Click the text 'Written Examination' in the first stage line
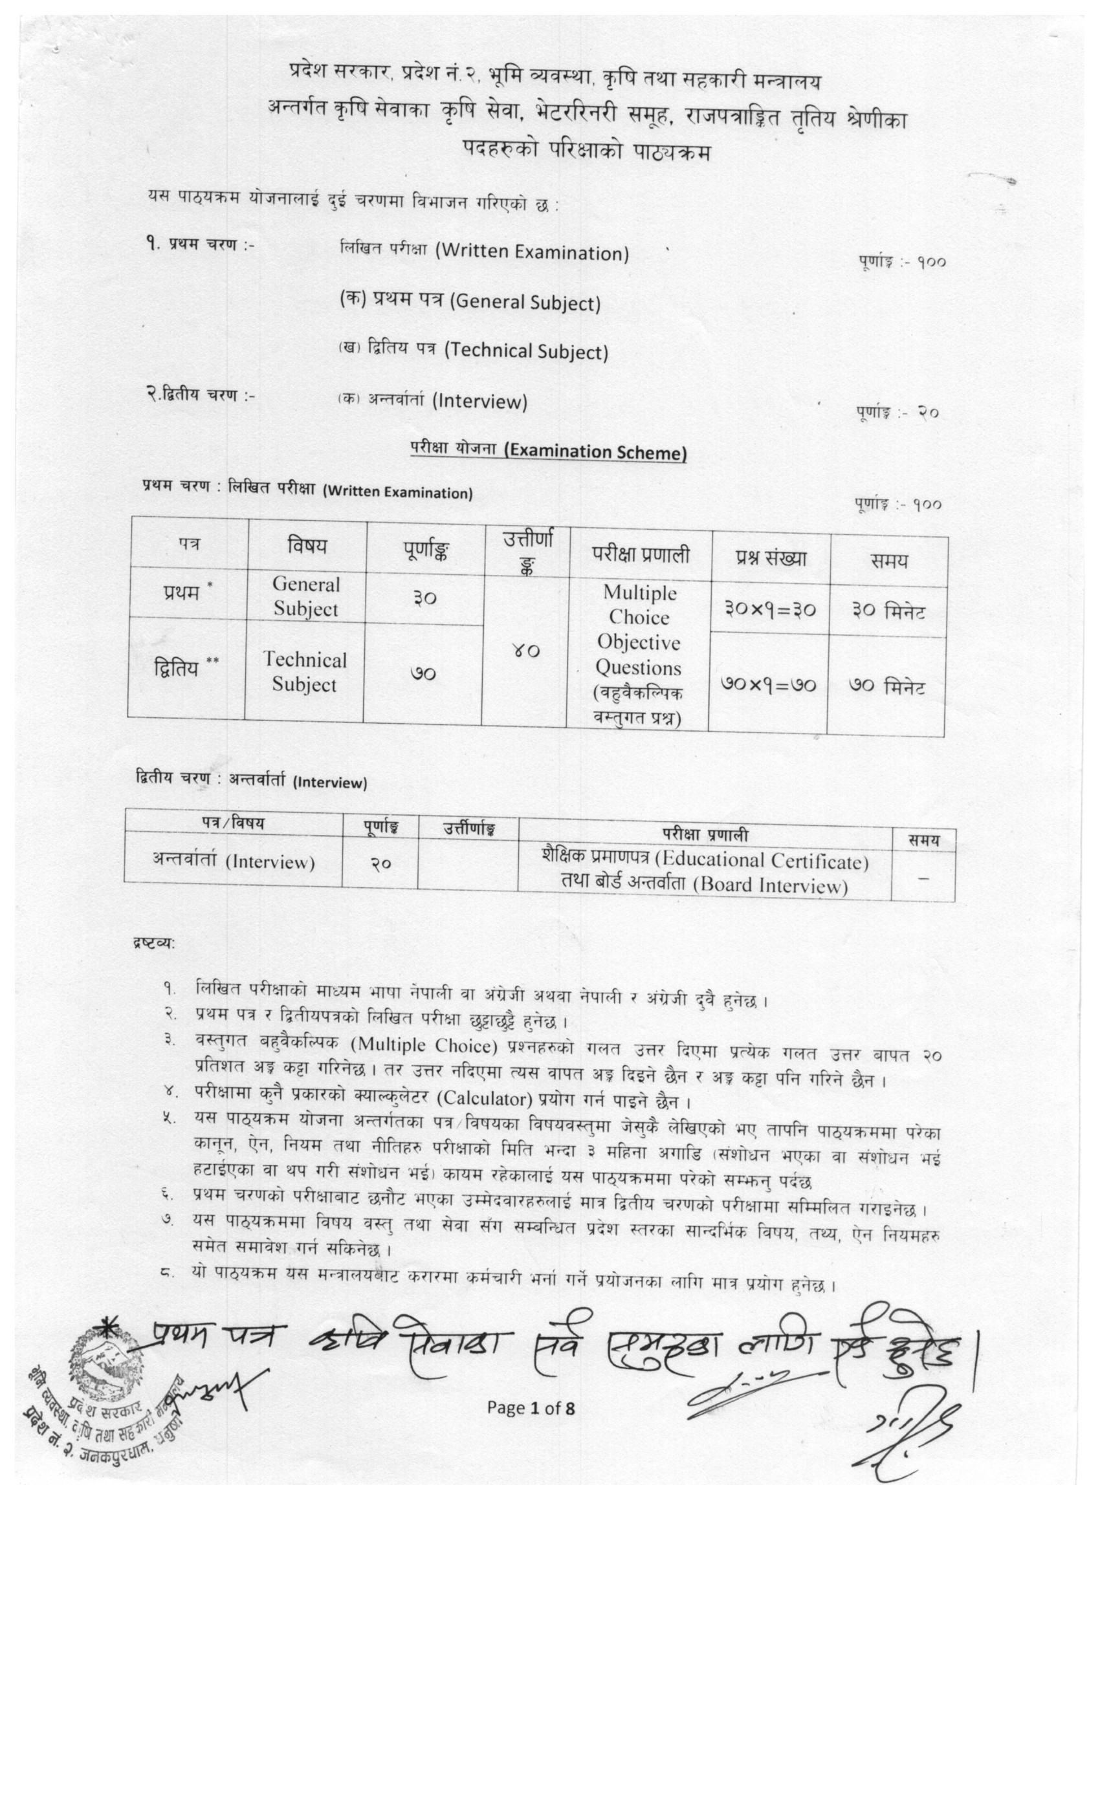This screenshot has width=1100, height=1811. click(x=533, y=253)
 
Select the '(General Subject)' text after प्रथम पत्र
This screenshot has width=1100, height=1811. click(x=525, y=302)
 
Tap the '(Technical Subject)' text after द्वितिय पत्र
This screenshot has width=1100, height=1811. click(x=527, y=351)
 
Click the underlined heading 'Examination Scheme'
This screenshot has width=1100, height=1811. click(x=595, y=452)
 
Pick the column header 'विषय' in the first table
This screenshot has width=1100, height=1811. click(x=307, y=545)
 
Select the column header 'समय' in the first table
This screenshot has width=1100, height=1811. click(x=888, y=561)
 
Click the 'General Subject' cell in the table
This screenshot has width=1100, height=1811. click(x=306, y=596)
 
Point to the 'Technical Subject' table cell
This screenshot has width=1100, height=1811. click(x=304, y=672)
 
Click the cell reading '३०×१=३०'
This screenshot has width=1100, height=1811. click(x=770, y=609)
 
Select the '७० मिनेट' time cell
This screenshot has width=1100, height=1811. click(x=886, y=687)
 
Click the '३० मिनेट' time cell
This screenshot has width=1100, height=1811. click(x=888, y=611)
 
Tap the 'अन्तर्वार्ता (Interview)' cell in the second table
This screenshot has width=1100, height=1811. click(x=234, y=861)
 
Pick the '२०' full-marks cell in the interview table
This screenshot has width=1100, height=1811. click(x=379, y=863)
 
